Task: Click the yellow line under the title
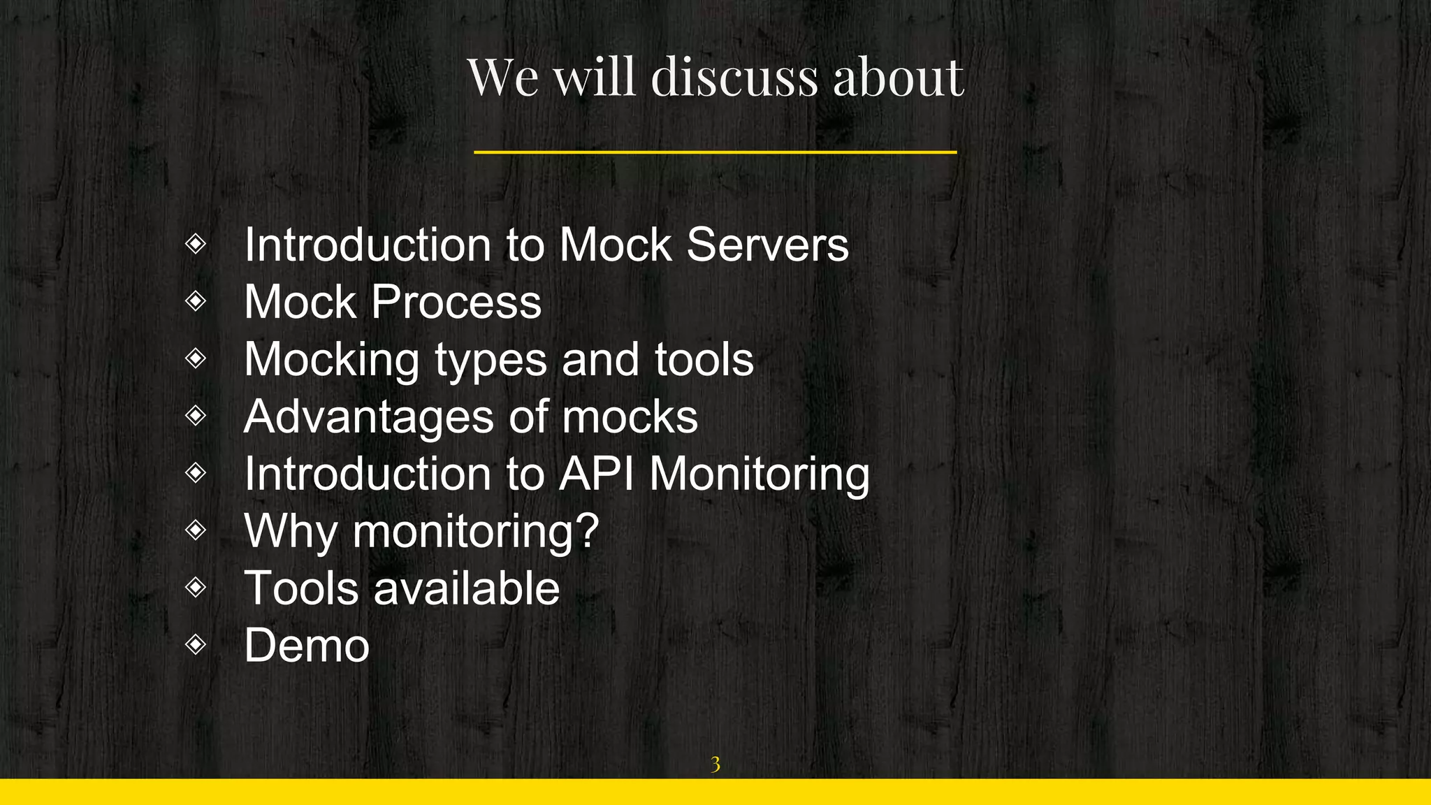715,152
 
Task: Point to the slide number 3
715,764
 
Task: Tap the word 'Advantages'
368,417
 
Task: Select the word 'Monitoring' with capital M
760,475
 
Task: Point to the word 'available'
466,588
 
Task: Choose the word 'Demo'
307,646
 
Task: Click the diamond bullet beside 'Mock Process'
196,301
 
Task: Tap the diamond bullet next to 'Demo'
196,644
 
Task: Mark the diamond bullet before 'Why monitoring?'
196,530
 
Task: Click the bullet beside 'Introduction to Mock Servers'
196,244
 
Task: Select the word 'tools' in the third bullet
704,360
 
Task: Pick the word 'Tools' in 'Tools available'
301,588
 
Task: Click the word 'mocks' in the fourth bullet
630,417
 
